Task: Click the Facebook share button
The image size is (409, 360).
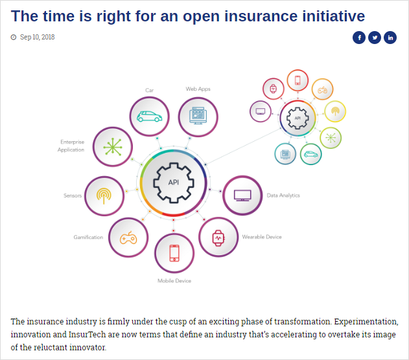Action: [x=359, y=38]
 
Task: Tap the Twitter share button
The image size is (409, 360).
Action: [x=375, y=38]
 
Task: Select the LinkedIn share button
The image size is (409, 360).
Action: [x=390, y=38]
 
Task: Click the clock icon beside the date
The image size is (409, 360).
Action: [x=14, y=38]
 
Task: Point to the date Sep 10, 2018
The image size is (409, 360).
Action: [x=38, y=38]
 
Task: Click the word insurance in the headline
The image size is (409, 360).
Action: [x=261, y=16]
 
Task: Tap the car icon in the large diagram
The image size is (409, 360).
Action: [x=150, y=117]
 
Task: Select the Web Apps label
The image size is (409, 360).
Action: [x=198, y=89]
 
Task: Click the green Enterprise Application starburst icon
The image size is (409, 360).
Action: [x=113, y=147]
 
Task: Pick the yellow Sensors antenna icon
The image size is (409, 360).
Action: [x=104, y=196]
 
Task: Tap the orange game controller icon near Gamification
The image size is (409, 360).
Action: [x=128, y=238]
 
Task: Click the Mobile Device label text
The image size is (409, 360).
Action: [x=174, y=281]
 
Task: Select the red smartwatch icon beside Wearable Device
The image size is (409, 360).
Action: [x=218, y=238]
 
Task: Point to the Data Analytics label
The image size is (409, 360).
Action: [x=283, y=196]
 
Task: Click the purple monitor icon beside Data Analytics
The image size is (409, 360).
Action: [x=242, y=196]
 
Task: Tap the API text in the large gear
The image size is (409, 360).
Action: [x=174, y=183]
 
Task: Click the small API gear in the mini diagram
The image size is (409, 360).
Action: [x=298, y=118]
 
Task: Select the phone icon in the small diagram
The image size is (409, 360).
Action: [x=298, y=80]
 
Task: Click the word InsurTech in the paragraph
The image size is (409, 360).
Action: [x=87, y=334]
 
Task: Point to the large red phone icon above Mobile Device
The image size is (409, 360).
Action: [x=174, y=253]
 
